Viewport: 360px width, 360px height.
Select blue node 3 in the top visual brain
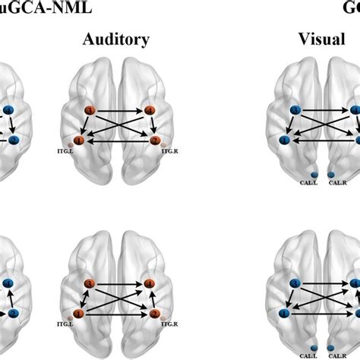click(x=295, y=111)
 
